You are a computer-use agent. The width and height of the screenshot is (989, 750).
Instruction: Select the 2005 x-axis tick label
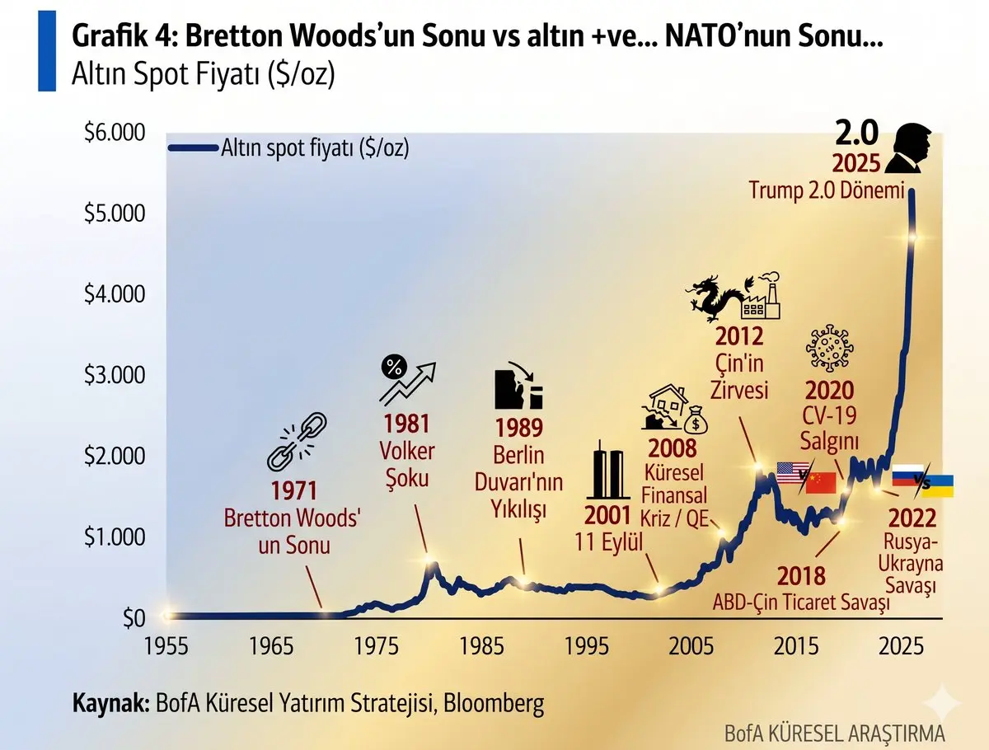point(691,645)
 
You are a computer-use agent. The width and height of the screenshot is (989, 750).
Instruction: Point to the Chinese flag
point(821,483)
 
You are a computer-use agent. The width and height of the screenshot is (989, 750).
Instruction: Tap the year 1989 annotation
point(518,429)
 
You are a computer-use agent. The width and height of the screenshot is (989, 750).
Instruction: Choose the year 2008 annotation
point(673,449)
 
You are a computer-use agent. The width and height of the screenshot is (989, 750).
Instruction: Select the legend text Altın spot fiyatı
point(316,148)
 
